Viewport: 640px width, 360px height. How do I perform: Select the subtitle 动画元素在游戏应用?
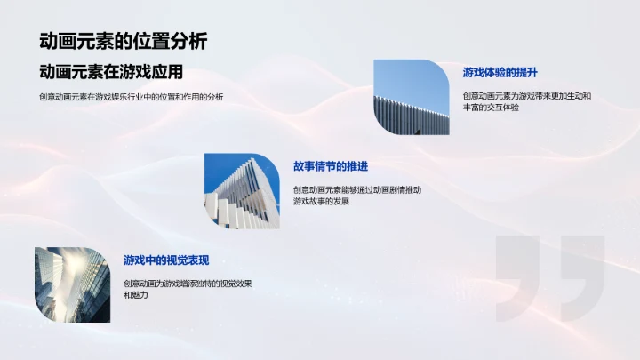coord(116,73)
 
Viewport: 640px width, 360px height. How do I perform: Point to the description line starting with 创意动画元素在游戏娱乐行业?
coord(131,97)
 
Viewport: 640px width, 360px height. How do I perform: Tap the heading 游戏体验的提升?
coord(500,72)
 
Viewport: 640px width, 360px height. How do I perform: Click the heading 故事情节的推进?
coord(330,166)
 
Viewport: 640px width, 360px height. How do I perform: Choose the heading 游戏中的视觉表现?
coord(166,260)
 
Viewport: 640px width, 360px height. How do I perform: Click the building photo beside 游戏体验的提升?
coord(412,98)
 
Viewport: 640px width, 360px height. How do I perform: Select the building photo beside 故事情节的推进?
coord(242,191)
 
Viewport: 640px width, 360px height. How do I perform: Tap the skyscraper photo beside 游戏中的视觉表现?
coord(72,284)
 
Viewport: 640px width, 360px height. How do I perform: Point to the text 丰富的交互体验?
coord(491,108)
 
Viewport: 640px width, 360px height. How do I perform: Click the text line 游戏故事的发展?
coord(321,202)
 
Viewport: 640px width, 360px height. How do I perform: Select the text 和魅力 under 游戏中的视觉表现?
coord(136,295)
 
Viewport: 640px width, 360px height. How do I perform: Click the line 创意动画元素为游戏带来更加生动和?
coord(526,95)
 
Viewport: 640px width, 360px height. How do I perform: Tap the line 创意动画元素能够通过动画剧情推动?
coord(356,189)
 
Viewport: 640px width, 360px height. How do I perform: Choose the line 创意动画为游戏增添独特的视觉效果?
coord(188,283)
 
